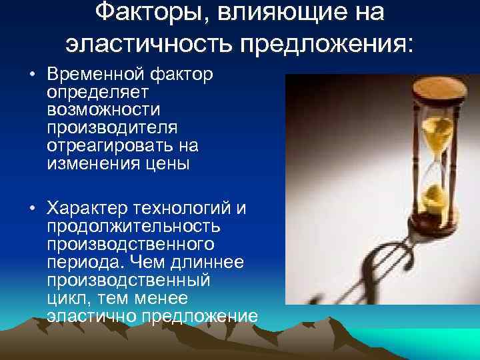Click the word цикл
click(x=67, y=297)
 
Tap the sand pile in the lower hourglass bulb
click(x=434, y=196)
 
